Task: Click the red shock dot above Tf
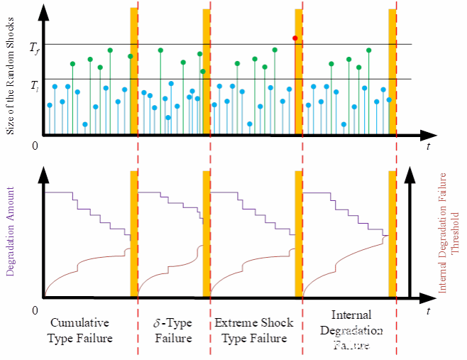[295, 38]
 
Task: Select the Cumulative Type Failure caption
[80, 331]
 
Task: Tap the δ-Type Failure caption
[173, 331]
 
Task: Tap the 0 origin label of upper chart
[35, 146]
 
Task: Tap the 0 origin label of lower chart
[35, 310]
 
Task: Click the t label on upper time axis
[428, 147]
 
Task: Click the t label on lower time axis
[428, 311]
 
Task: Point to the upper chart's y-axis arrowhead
[45, 10]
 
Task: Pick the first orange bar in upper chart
[133, 71]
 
